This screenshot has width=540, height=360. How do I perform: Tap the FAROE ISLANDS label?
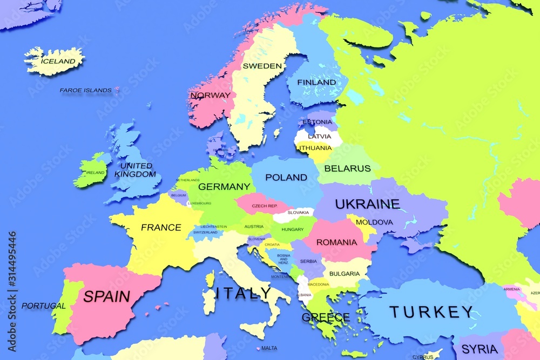85,90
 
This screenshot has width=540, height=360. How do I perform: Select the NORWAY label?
210,95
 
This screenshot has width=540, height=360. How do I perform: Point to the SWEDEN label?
262,66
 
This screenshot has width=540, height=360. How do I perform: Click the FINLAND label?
317,83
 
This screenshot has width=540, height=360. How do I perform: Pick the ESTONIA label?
317,122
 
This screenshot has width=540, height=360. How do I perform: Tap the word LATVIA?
319,137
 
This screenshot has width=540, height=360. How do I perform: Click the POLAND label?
286,177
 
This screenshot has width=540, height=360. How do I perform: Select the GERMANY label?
224,187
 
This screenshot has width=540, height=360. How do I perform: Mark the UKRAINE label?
367,204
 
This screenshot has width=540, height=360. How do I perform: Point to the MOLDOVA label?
374,222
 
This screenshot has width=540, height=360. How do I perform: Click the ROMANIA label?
336,242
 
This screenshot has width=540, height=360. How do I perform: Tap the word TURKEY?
431,311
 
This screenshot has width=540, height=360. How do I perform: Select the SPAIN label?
106,296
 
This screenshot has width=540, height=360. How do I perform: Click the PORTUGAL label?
43,306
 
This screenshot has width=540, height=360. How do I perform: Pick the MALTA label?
269,348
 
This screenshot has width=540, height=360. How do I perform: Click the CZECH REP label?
264,206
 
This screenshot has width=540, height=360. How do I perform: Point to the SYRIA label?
480,349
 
